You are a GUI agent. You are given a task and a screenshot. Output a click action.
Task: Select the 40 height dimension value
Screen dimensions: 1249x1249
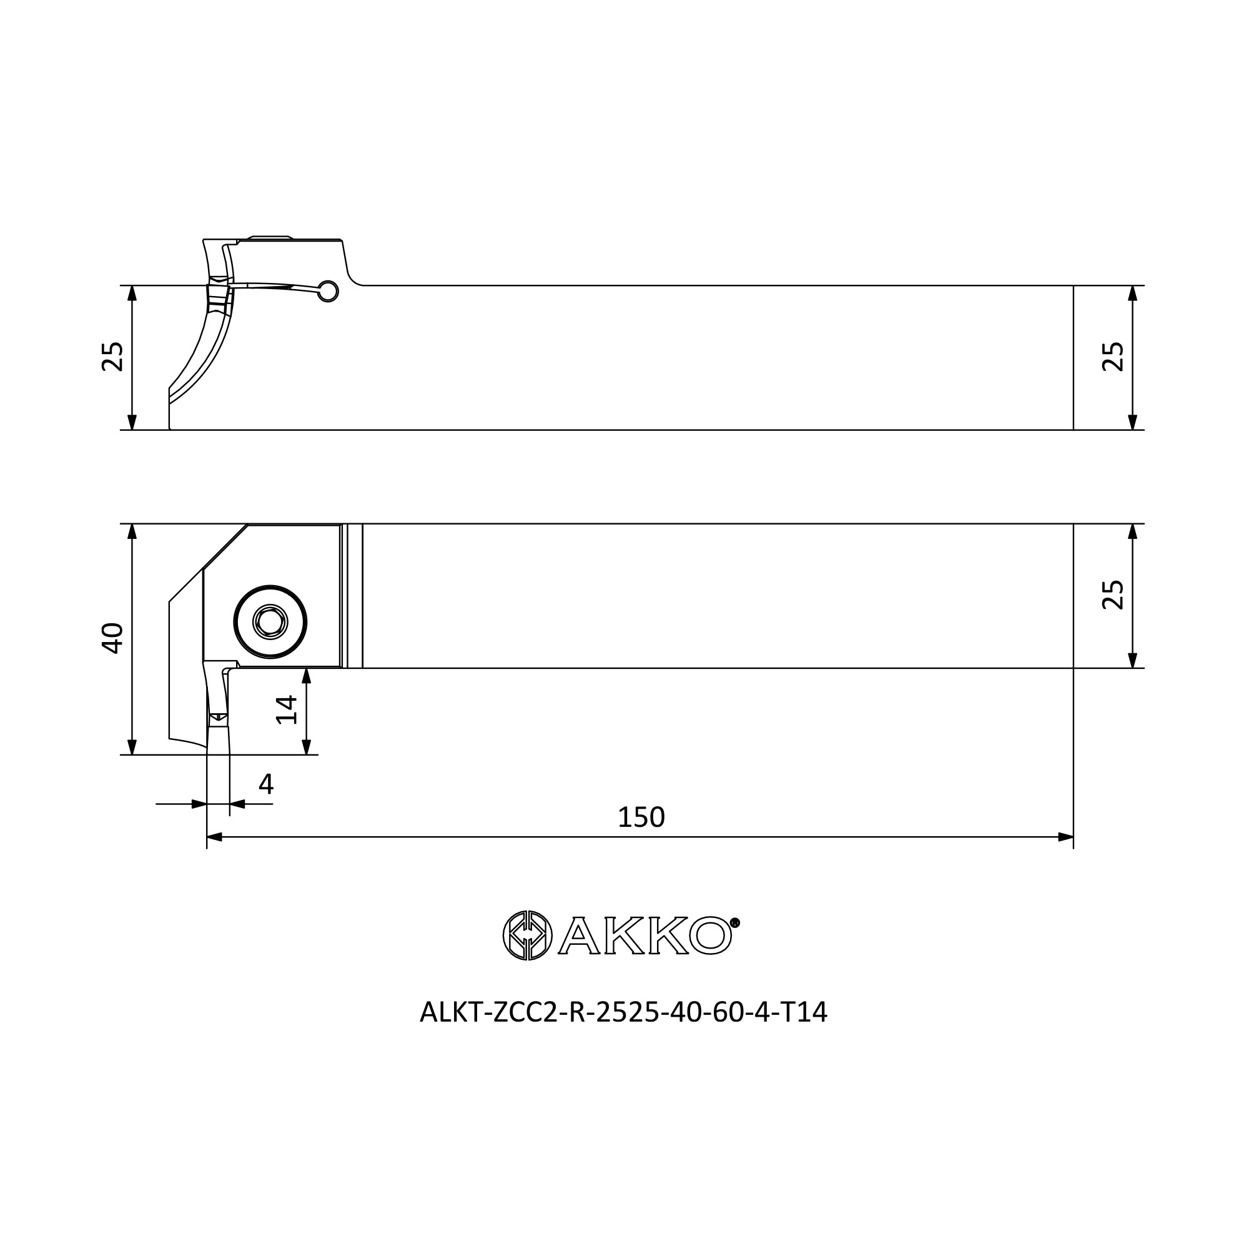pos(112,638)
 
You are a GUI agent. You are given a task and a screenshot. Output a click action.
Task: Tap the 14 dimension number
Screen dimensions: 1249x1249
pos(287,710)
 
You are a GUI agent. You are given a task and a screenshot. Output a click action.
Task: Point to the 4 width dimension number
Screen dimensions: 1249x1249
pos(265,784)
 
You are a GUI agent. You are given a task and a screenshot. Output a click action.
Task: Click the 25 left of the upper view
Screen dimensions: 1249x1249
pos(112,356)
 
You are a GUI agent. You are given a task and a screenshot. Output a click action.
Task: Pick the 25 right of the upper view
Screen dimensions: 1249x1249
pos(1113,356)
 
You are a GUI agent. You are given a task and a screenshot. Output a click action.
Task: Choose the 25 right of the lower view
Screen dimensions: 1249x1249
pos(1113,595)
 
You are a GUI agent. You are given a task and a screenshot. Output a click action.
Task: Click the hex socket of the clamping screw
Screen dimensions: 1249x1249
pos(270,623)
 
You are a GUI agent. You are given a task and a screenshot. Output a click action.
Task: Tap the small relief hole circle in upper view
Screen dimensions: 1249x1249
pos(328,292)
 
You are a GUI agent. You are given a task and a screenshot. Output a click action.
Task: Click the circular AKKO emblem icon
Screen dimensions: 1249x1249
pos(528,936)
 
